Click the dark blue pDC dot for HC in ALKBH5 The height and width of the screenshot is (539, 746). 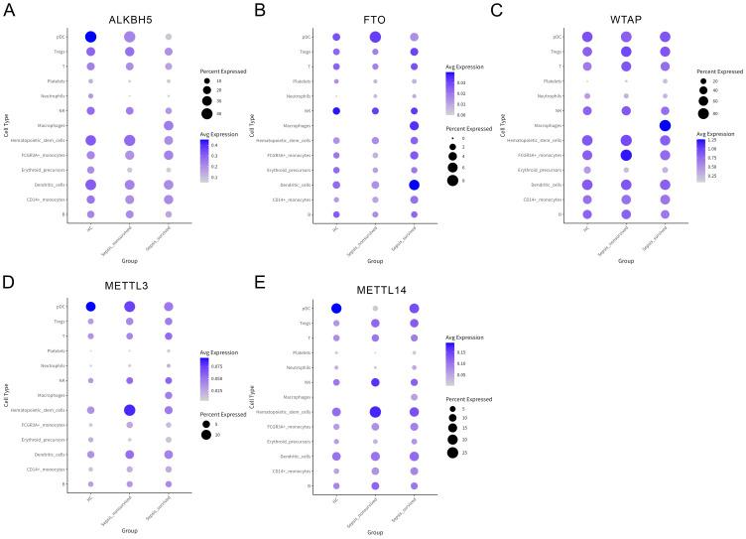(90, 37)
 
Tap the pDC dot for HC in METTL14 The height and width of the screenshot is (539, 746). (336, 309)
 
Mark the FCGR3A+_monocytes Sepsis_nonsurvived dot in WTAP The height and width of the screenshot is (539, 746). (623, 155)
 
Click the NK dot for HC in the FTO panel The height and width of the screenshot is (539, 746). (336, 111)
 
